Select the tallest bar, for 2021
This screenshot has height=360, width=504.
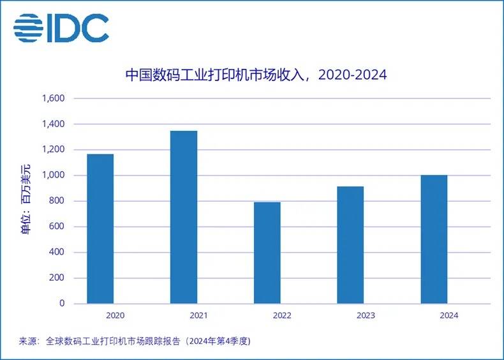[x=184, y=217]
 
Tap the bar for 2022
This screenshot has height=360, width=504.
[x=267, y=253]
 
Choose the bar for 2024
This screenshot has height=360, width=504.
[x=434, y=239]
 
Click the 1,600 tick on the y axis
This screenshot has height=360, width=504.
[x=54, y=99]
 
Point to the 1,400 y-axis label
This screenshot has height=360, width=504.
[x=54, y=124]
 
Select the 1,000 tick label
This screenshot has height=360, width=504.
[x=54, y=176]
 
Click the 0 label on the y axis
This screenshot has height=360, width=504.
[x=62, y=304]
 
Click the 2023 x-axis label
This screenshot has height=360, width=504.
[x=366, y=315]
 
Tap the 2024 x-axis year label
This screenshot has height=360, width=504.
[x=448, y=315]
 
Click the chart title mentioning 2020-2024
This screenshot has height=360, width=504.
[x=255, y=75]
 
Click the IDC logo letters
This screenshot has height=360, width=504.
[x=78, y=27]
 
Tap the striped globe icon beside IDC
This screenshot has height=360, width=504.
[x=28, y=28]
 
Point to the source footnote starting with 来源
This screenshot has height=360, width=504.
[x=135, y=341]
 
